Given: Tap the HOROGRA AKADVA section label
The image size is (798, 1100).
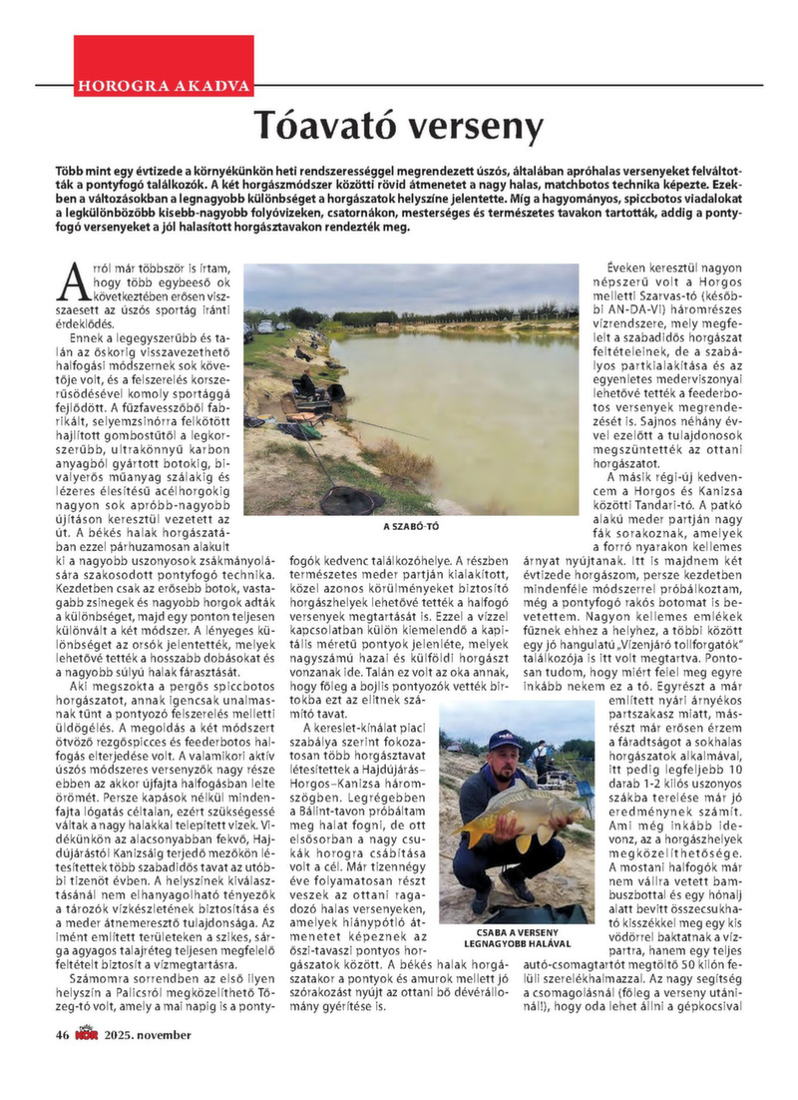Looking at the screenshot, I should click(163, 85).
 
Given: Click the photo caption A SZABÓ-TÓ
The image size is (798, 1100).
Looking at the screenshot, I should click(411, 527).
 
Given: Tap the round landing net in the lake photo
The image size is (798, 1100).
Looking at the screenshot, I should click(351, 496).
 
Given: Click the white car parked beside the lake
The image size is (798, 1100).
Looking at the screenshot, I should click(266, 326).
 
